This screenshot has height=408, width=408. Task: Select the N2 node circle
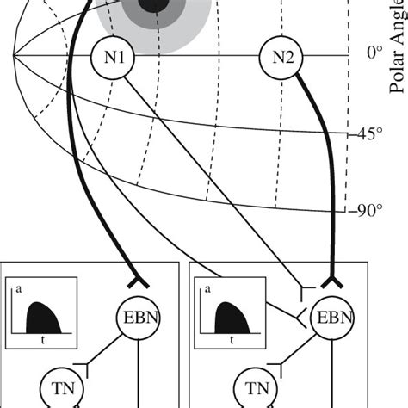coord(282,59)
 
